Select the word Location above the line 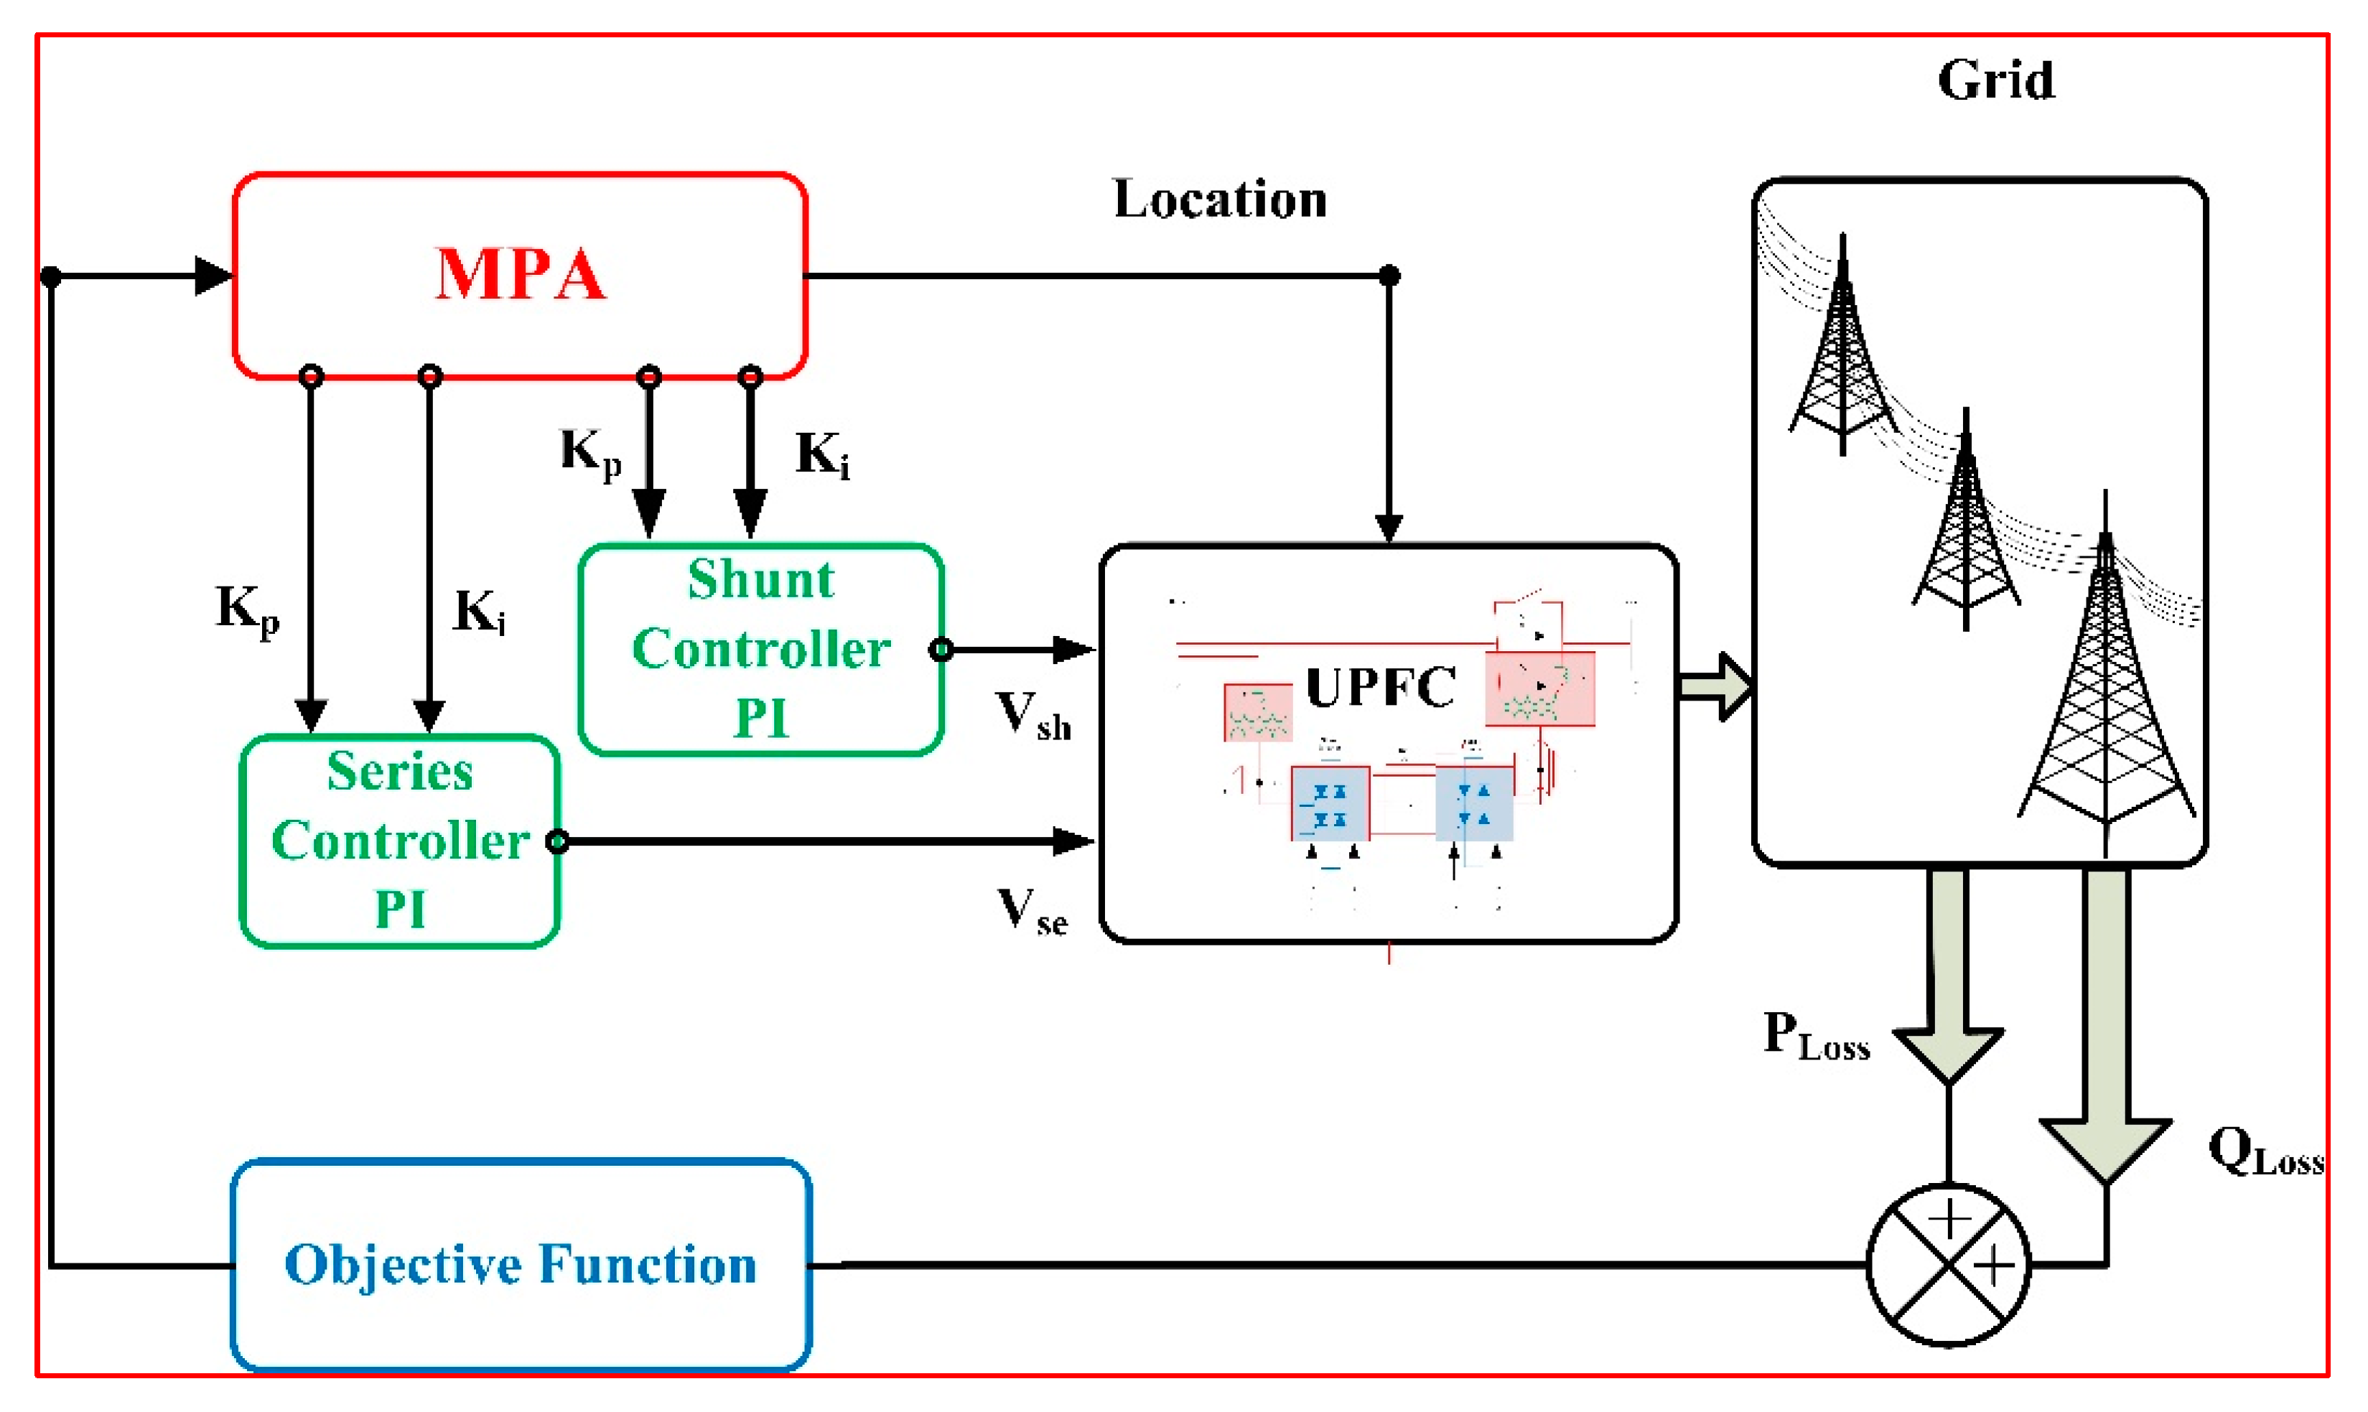[x=1220, y=200]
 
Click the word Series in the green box [x=400, y=771]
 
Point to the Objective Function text [x=521, y=1265]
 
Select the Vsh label [x=1033, y=716]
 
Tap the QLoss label [x=2265, y=1152]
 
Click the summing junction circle [x=1949, y=1265]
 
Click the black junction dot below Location [x=1389, y=276]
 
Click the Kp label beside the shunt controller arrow [x=590, y=452]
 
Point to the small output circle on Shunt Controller [x=940, y=650]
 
